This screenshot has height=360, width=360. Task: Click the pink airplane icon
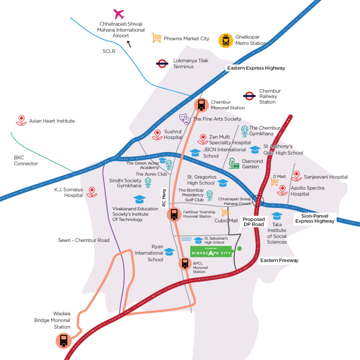[119, 14]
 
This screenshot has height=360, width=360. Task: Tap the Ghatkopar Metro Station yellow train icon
[226, 40]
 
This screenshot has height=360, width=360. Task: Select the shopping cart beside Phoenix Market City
[156, 37]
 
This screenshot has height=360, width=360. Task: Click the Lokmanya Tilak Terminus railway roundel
[162, 64]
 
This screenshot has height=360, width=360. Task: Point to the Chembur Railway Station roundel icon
[249, 96]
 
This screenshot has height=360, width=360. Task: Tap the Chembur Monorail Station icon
[201, 105]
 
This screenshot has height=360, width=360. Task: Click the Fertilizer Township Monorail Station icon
[174, 215]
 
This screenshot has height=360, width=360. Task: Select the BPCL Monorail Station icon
[185, 264]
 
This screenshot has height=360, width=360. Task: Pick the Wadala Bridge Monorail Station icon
[64, 341]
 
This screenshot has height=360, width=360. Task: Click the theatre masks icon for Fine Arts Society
[185, 119]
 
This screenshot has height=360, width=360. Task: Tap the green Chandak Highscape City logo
[211, 252]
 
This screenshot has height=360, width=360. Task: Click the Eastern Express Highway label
[256, 68]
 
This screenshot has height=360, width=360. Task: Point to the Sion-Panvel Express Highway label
[315, 219]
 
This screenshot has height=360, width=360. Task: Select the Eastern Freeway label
[279, 260]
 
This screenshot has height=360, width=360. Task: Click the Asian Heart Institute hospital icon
[21, 120]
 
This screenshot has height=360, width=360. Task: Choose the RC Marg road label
[164, 198]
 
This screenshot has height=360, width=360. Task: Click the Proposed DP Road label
[254, 222]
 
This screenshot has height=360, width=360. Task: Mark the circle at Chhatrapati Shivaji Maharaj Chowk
[258, 201]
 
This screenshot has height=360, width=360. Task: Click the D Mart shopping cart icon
[274, 182]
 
